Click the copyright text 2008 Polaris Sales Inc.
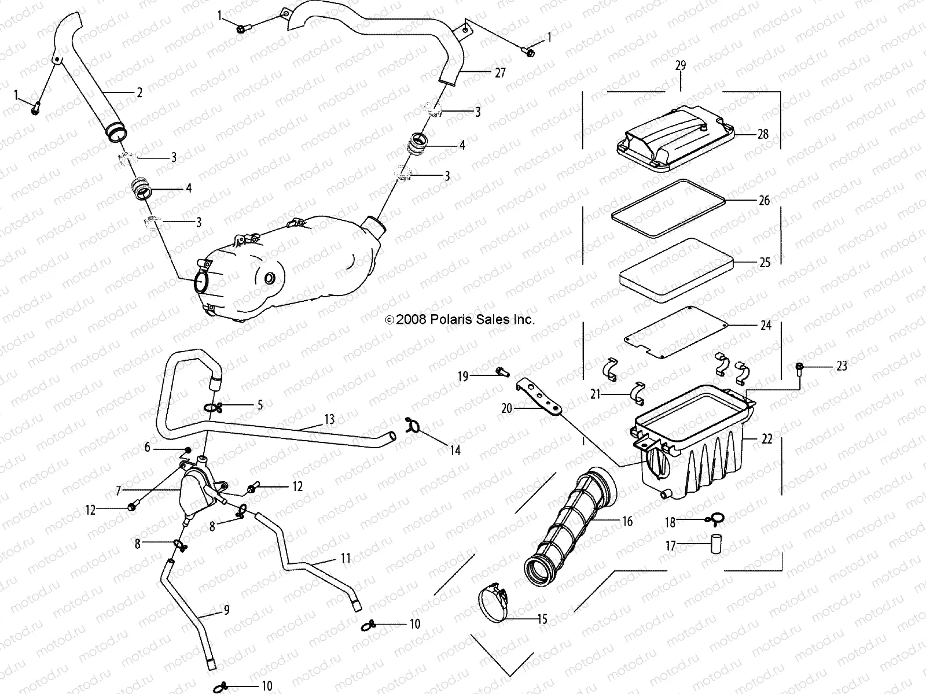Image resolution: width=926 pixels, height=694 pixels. click(x=460, y=319)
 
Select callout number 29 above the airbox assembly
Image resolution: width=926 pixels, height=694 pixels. click(x=681, y=65)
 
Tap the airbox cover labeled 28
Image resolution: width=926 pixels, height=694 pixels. click(x=671, y=139)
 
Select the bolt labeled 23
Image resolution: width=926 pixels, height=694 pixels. click(x=799, y=367)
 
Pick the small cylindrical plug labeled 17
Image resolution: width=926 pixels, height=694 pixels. click(x=717, y=544)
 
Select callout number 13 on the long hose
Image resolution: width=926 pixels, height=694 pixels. click(x=329, y=419)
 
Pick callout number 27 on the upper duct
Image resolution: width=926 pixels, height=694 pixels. click(x=500, y=73)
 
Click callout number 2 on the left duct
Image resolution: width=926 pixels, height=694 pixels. click(x=139, y=92)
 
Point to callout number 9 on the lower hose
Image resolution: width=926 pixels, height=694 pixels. click(x=226, y=610)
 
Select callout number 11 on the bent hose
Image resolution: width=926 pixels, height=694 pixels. click(x=346, y=558)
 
